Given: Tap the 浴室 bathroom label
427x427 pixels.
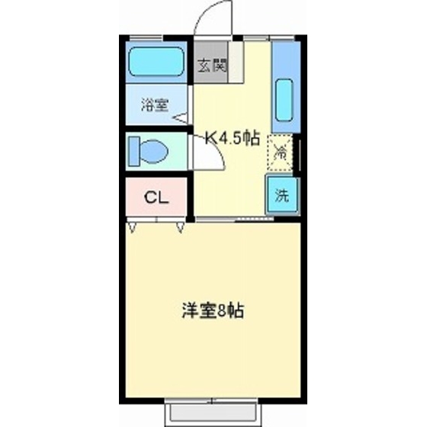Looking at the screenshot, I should [155, 106].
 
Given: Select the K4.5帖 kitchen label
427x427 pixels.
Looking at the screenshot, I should [233, 138].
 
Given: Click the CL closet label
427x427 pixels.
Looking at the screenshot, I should [156, 197].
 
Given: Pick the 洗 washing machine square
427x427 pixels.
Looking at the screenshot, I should [281, 194].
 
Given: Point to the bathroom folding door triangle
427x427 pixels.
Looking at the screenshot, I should [181, 117].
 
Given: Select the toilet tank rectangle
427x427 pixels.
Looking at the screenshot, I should [134, 149].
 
